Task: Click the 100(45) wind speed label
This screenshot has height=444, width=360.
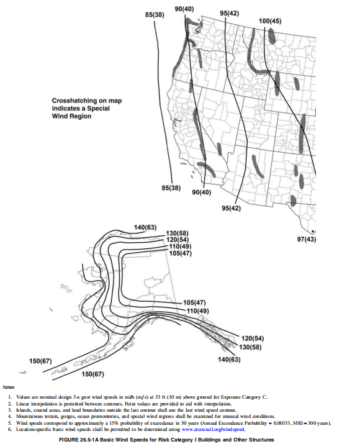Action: [x=270, y=21]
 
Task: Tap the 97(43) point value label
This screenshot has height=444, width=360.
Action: [x=306, y=239]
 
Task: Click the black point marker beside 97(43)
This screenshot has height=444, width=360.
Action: [x=312, y=232]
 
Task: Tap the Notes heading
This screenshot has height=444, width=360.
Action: [x=8, y=387]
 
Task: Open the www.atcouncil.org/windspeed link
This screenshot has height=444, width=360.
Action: [x=213, y=429]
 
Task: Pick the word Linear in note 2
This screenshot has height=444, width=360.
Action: [x=22, y=404]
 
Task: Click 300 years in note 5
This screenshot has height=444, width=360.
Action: [x=318, y=423]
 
